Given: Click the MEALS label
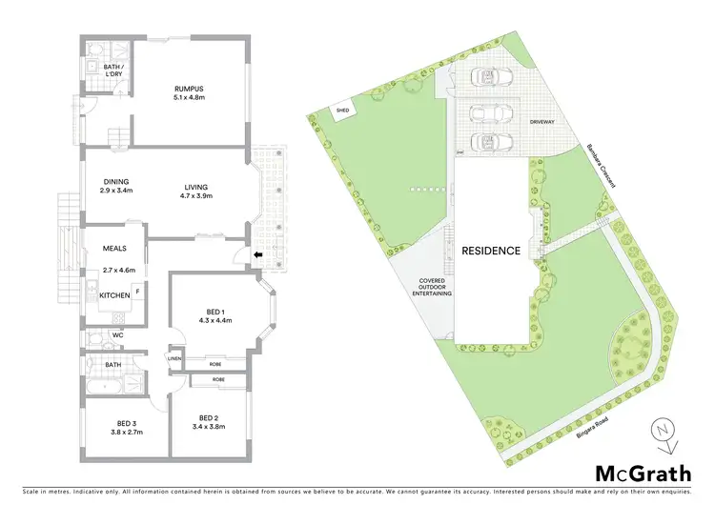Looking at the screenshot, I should pyautogui.click(x=115, y=249).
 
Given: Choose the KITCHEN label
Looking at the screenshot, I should pyautogui.click(x=114, y=296).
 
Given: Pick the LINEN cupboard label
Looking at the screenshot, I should pyautogui.click(x=175, y=358).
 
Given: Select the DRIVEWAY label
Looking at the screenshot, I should pyautogui.click(x=541, y=122).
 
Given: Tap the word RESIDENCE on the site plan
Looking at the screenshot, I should pyautogui.click(x=491, y=252).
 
